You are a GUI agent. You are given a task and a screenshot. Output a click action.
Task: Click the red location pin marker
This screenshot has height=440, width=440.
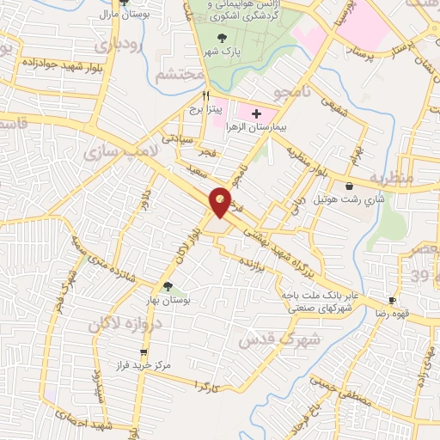click(221, 202)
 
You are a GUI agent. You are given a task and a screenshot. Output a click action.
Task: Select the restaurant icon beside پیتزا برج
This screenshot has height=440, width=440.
click(206, 97)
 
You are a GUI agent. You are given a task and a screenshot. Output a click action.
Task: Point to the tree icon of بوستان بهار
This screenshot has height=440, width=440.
click(167, 287)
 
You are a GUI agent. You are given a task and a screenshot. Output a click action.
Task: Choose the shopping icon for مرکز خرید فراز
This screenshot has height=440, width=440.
click(144, 351)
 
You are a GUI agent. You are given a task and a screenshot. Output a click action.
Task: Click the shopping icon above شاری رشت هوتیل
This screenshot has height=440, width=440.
click(349, 186)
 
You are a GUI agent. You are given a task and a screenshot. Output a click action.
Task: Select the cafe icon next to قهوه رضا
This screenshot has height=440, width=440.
click(392, 301)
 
